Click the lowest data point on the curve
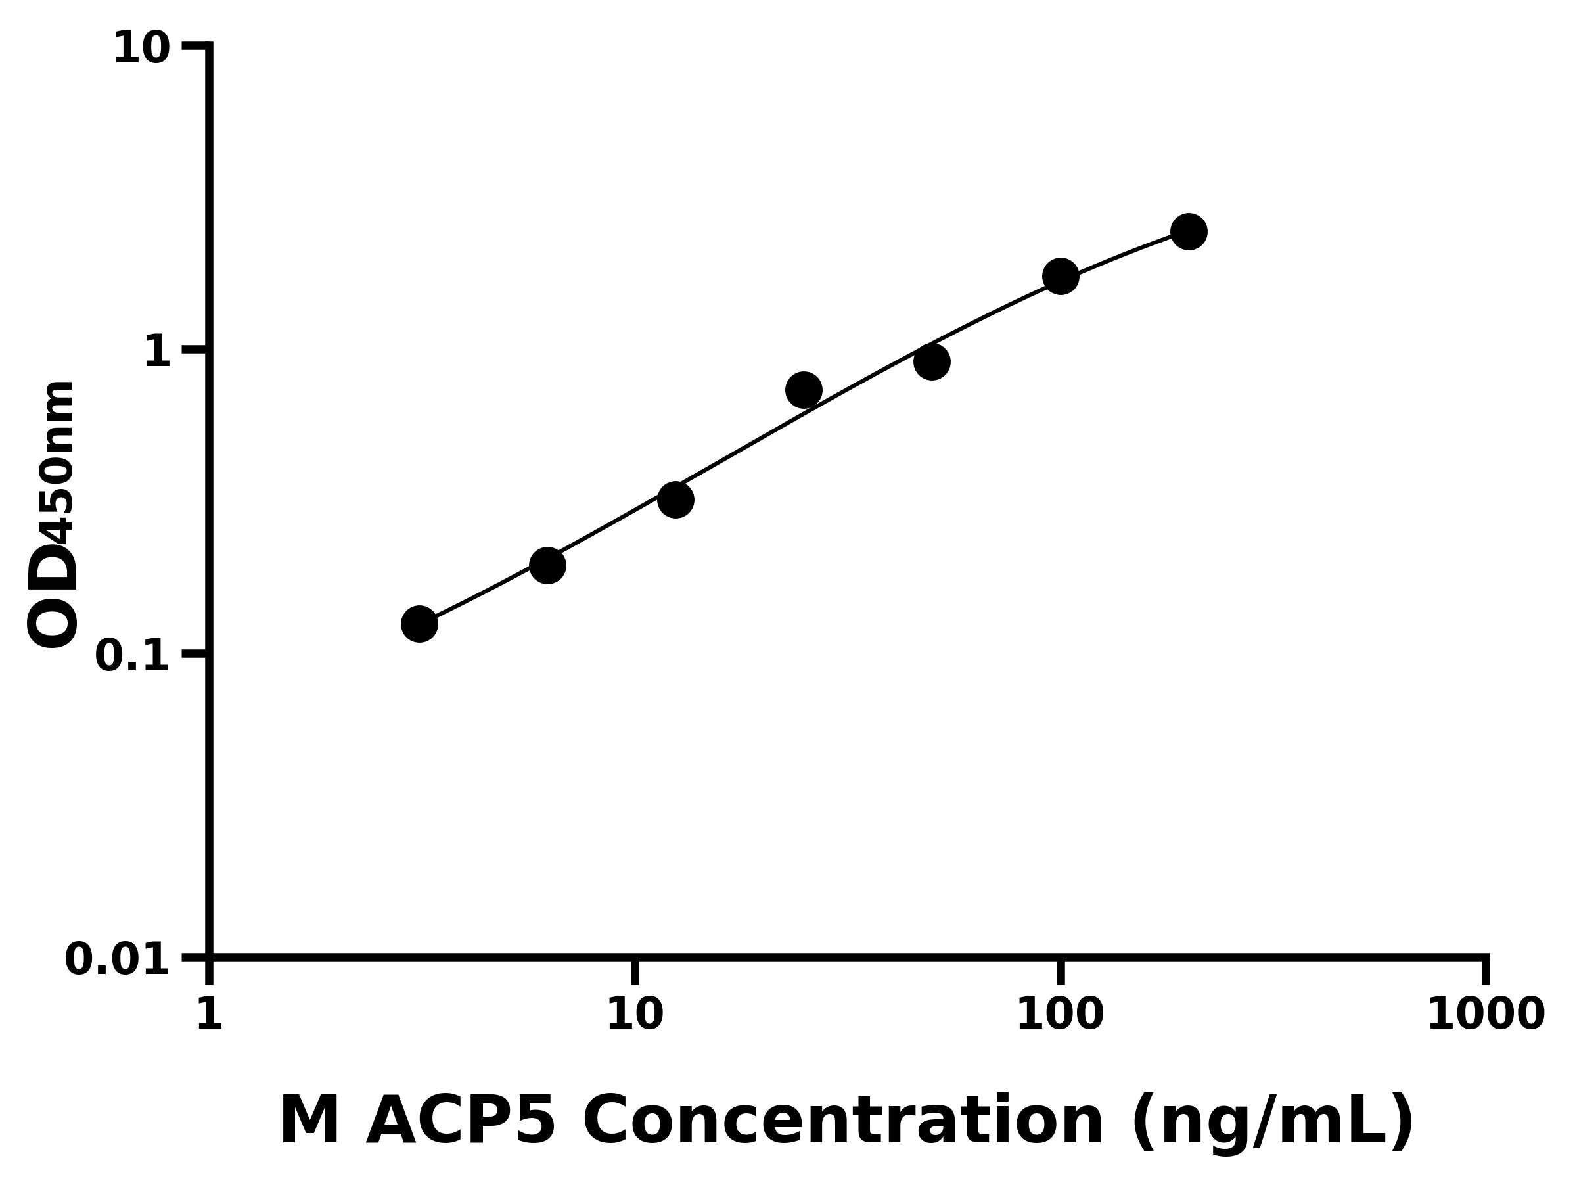point(419,624)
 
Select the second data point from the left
point(547,565)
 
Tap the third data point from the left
point(675,499)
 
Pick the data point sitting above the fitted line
point(804,390)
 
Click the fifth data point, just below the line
point(932,362)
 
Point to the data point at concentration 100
point(1060,276)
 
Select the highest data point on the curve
point(1189,232)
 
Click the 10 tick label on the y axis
point(142,49)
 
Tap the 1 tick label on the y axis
point(158,352)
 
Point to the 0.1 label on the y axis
point(133,656)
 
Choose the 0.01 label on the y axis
point(118,960)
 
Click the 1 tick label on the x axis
point(210,1014)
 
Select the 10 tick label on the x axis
point(635,1014)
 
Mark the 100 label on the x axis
point(1060,1014)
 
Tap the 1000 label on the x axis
point(1485,1014)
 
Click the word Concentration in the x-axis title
point(842,1123)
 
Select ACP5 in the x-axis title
point(460,1123)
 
